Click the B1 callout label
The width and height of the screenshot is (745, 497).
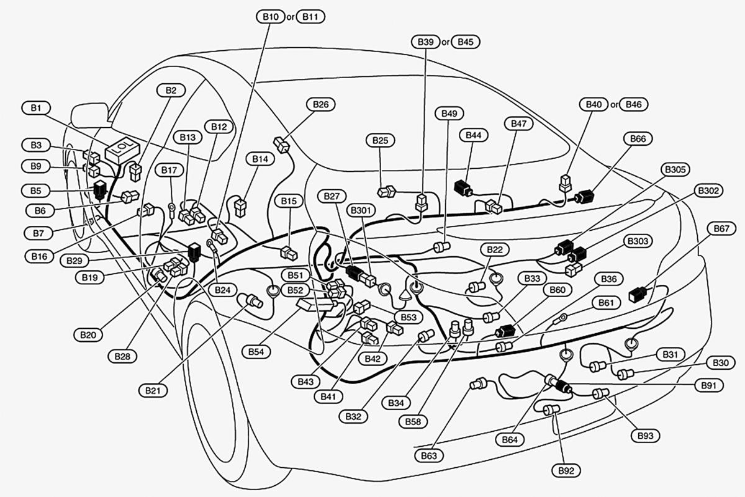[x=36, y=108]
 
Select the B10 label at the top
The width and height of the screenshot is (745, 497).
[x=271, y=17]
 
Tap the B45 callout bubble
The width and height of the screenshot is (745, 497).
[x=465, y=42]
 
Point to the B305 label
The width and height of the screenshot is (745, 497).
[x=675, y=169]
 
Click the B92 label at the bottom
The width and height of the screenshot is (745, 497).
[x=566, y=471]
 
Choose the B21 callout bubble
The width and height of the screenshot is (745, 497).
[x=153, y=390]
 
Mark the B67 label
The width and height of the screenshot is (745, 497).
[x=721, y=229]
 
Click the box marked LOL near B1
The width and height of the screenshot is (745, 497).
[x=122, y=150]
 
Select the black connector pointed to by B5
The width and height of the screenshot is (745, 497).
[x=99, y=189]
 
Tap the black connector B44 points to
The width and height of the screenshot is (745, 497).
[x=463, y=188]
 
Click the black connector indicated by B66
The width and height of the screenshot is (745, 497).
[x=585, y=197]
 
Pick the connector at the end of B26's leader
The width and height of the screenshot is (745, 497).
[x=282, y=145]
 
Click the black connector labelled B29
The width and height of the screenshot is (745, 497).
[x=194, y=252]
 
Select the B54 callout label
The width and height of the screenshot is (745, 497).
[x=256, y=352]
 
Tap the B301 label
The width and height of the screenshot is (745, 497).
[x=361, y=210]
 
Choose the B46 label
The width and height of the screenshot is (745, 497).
[x=634, y=104]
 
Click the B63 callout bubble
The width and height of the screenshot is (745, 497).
[x=429, y=455]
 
